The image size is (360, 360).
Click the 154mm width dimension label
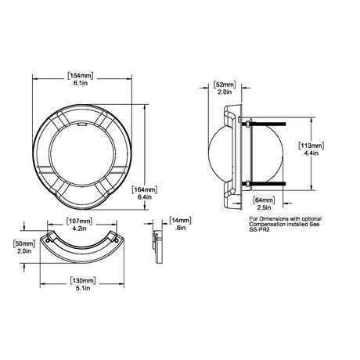click(x=81, y=76)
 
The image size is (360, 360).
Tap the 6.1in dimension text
click(x=81, y=84)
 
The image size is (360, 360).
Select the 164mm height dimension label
click(x=145, y=189)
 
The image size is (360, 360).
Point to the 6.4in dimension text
click(x=145, y=197)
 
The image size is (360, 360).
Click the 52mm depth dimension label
click(x=225, y=85)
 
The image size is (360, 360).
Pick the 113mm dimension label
click(x=311, y=146)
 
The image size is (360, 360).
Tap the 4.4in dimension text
click(x=311, y=153)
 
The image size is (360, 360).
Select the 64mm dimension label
click(x=264, y=200)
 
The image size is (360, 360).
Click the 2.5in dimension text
click(x=264, y=207)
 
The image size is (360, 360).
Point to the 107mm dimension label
click(x=79, y=221)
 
